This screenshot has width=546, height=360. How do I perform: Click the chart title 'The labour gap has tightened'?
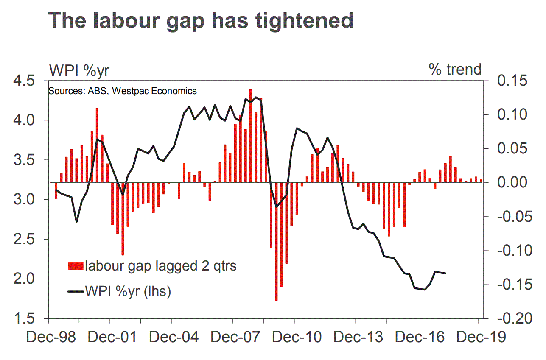point(200,20)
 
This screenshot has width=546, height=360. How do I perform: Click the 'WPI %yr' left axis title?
point(80,70)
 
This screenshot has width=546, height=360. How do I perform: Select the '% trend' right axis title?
point(455,69)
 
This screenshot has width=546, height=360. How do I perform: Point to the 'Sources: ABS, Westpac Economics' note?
point(123,91)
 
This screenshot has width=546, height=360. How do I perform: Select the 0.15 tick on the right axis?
point(510,81)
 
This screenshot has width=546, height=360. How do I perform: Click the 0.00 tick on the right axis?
point(510,183)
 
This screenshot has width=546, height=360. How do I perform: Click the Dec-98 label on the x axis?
point(50,338)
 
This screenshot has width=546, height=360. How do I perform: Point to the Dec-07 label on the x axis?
point(232,338)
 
